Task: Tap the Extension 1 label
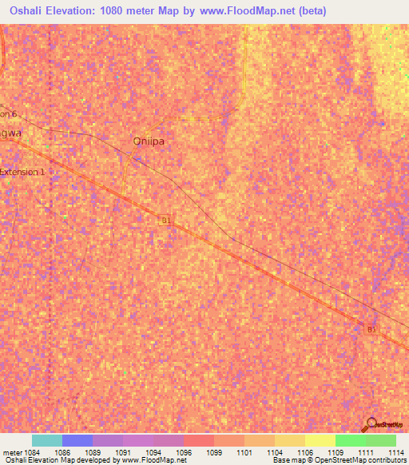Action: tap(23, 172)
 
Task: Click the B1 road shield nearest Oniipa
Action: tap(166, 221)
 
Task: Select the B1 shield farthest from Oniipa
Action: tap(371, 328)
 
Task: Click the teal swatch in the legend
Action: tap(47, 440)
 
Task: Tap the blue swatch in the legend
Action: tap(77, 440)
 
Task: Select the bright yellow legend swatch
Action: tap(320, 440)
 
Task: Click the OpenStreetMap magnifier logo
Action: tap(371, 425)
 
